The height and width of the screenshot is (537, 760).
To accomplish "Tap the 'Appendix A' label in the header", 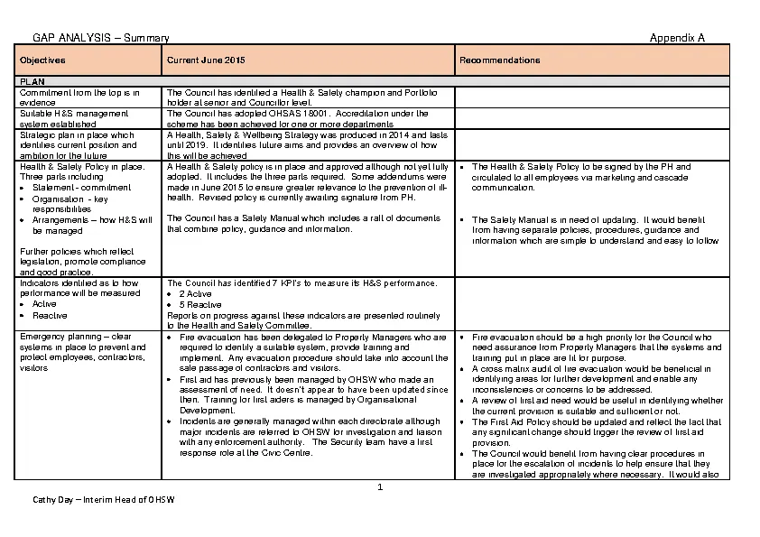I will pyautogui.click(x=677, y=38).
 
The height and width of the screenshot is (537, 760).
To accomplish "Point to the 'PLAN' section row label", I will pyautogui.click(x=32, y=81).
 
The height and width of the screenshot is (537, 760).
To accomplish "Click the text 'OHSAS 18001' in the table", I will pyautogui.click(x=303, y=114).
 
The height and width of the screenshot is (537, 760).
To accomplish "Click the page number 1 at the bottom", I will pyautogui.click(x=381, y=487).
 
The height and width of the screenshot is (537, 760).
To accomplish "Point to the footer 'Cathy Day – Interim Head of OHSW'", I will pyautogui.click(x=104, y=500).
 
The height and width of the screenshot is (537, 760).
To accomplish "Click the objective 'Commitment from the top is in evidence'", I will pyautogui.click(x=79, y=97).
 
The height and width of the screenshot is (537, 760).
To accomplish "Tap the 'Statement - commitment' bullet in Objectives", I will pyautogui.click(x=81, y=188).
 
